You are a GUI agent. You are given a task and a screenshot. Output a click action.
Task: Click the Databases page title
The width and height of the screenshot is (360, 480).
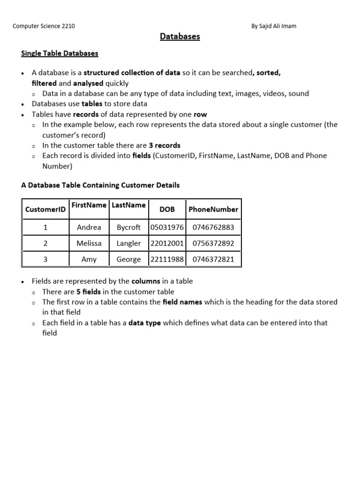click(180, 37)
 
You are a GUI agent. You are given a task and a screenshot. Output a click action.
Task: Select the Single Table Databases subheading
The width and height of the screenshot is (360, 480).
click(60, 53)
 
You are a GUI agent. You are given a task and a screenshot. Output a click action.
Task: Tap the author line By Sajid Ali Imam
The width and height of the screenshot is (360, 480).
click(274, 26)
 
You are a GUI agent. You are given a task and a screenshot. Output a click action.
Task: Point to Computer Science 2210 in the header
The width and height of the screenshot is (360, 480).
click(44, 26)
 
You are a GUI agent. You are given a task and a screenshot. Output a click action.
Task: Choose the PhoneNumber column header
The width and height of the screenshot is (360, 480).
click(213, 210)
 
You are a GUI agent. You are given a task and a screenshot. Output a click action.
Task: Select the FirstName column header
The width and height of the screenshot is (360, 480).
click(89, 205)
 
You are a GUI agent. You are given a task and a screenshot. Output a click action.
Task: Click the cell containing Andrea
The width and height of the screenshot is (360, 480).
click(89, 227)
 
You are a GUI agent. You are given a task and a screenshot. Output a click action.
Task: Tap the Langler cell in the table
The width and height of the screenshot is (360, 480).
click(128, 243)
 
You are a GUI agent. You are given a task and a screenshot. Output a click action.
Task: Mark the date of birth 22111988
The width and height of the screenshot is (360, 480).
click(167, 259)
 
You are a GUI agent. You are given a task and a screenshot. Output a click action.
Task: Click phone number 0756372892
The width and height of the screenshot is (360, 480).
click(213, 243)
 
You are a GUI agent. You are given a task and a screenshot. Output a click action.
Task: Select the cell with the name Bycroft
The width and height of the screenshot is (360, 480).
click(128, 227)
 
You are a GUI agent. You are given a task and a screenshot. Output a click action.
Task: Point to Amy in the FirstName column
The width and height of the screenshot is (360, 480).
click(89, 259)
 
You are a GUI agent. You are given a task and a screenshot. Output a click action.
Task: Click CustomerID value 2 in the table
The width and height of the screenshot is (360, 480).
click(45, 243)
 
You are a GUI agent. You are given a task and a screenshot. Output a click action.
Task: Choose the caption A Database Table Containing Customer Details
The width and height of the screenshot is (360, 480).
click(100, 185)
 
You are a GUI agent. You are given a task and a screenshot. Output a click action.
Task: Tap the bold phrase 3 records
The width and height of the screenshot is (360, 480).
click(165, 145)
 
